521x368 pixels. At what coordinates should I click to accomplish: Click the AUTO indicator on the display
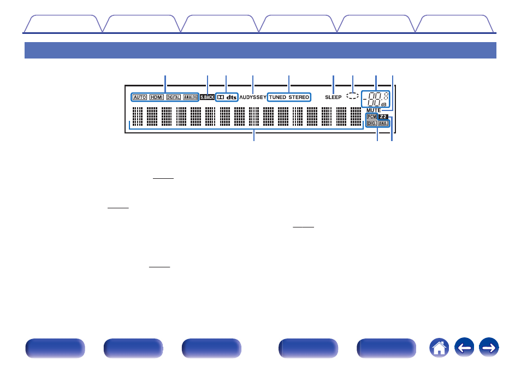[140, 97]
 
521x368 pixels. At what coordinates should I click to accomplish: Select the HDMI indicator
[157, 97]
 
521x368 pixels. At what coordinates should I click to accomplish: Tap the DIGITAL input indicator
[173, 97]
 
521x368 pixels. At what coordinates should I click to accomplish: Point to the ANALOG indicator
[190, 97]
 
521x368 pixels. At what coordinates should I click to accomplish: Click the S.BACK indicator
[208, 97]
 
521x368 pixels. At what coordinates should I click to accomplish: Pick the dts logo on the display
[232, 97]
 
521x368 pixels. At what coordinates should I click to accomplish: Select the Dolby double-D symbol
[221, 97]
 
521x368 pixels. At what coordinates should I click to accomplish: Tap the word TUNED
[277, 97]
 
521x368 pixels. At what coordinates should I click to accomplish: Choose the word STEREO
[299, 97]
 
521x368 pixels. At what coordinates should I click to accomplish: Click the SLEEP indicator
[334, 97]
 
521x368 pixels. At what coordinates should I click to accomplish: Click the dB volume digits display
[376, 99]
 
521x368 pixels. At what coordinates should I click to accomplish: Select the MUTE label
[374, 110]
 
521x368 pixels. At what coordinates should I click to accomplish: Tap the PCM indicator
[372, 116]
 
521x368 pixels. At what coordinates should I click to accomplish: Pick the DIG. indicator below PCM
[372, 124]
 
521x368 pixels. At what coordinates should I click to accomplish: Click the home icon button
[439, 347]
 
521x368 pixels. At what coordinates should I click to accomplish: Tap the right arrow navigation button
[489, 347]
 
